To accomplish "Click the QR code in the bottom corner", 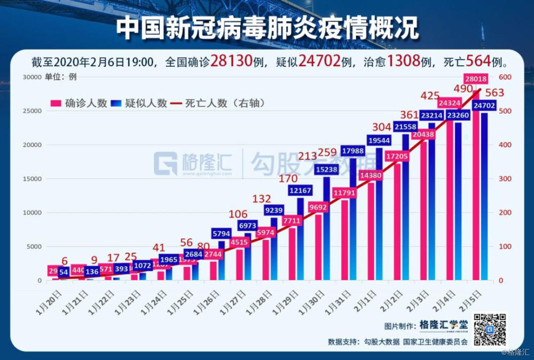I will pyautogui.click(x=490, y=328).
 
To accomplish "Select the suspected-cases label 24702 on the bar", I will pyautogui.click(x=484, y=105).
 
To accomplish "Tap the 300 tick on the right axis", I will pyautogui.click(x=505, y=179).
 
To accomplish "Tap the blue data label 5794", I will pyautogui.click(x=221, y=234).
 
